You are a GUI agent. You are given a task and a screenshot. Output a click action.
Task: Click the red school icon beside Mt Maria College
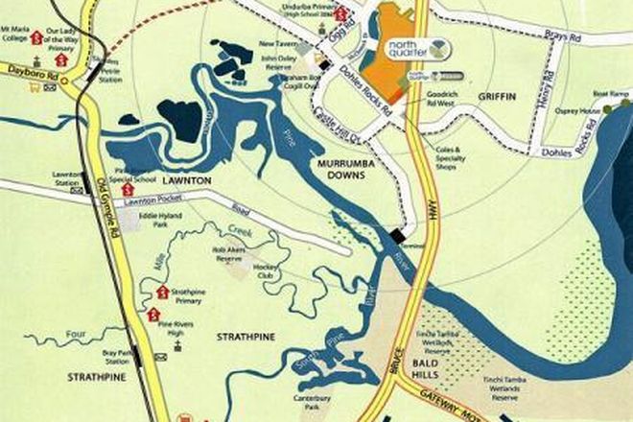tap(35, 36)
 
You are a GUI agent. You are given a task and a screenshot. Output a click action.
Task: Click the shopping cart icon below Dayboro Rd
tap(35, 86)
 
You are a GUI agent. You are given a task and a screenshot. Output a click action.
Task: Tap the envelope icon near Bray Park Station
tap(160, 357)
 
